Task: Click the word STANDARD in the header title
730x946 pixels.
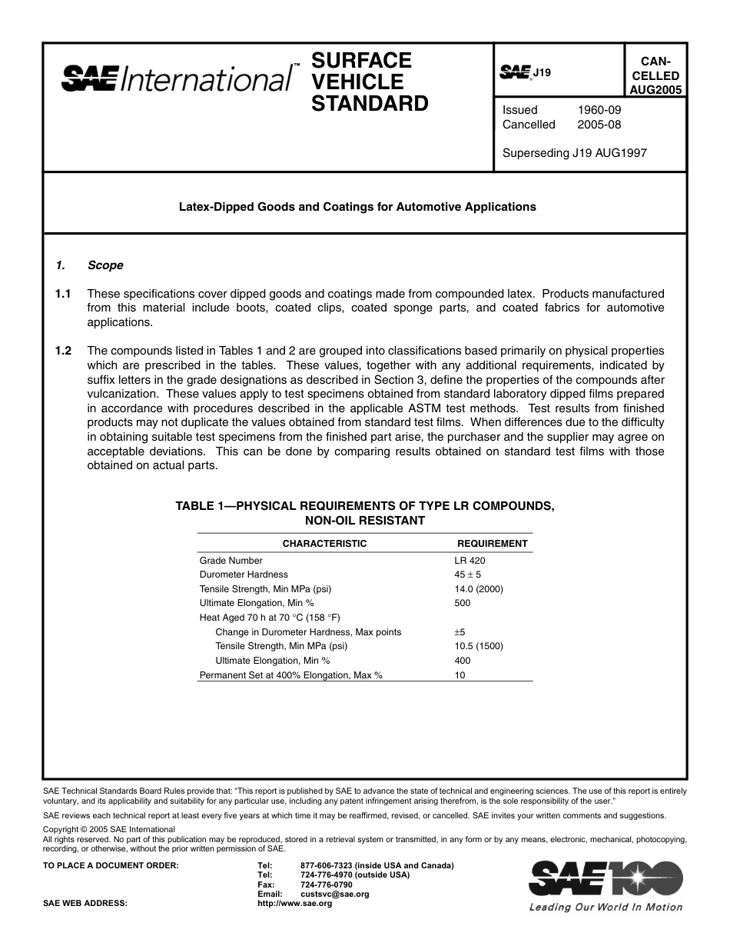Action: (369, 104)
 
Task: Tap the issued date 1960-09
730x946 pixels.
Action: (599, 110)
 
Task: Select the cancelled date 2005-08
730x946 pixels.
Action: (599, 125)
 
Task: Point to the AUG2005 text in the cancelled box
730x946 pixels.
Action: (654, 89)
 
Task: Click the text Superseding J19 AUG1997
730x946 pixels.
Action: (574, 153)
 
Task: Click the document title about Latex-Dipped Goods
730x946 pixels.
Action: (357, 207)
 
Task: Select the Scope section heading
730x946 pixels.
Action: (105, 265)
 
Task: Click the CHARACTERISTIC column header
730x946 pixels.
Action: (324, 544)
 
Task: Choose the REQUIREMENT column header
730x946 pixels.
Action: (492, 544)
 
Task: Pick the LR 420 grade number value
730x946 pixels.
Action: (470, 561)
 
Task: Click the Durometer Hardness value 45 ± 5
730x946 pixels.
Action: (468, 575)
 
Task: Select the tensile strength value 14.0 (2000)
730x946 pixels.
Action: (479, 589)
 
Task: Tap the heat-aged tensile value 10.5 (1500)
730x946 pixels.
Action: (479, 646)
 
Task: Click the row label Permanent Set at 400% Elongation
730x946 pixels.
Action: (290, 675)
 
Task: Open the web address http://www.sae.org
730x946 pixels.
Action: (294, 904)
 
